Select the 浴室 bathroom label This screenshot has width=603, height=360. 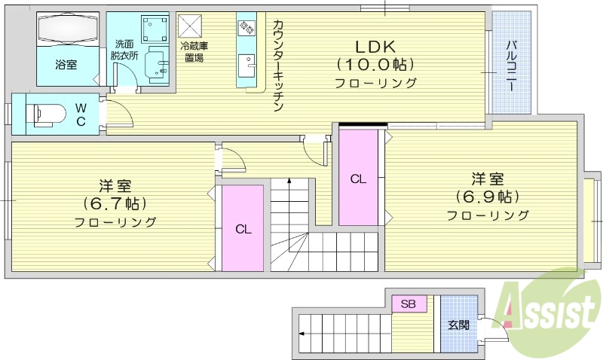[66, 65]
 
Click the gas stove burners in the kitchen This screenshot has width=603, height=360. [246, 29]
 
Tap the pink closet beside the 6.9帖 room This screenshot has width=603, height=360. [358, 178]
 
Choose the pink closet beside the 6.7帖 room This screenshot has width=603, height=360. [242, 227]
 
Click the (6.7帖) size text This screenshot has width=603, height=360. [115, 203]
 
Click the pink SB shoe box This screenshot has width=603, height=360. [409, 304]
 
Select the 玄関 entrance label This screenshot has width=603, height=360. [458, 325]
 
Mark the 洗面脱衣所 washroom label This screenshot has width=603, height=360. [124, 50]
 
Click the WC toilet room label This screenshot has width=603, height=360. [81, 114]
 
